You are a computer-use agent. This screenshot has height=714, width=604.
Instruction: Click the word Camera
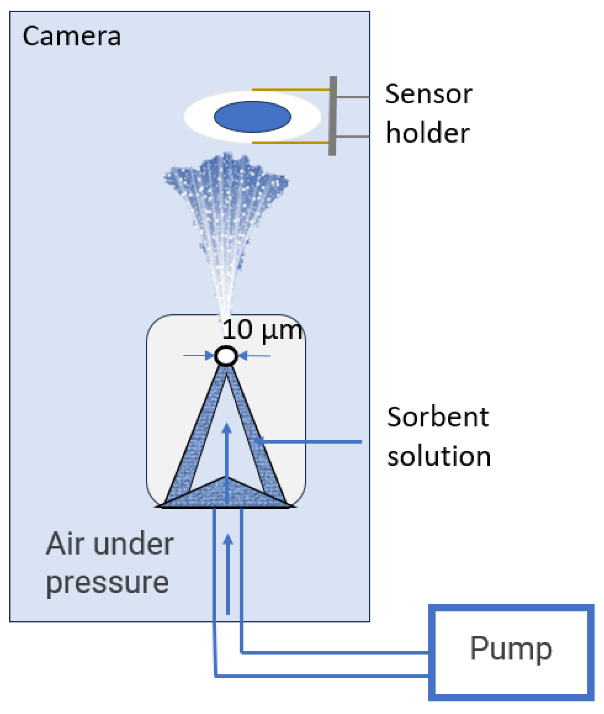tap(71, 36)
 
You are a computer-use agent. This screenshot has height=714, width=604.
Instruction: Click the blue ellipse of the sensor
tap(252, 117)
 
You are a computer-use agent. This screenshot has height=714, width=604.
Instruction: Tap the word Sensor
tap(428, 94)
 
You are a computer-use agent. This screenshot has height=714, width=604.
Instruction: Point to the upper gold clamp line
tap(290, 90)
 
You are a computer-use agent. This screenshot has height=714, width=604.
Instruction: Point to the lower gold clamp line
tap(290, 143)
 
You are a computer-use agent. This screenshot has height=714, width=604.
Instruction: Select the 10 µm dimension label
tap(262, 330)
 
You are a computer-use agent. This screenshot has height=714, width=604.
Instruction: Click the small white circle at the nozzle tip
tap(226, 356)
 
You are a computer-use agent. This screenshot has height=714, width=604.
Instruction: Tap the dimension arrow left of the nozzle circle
tap(199, 355)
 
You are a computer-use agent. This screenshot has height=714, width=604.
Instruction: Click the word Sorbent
tap(438, 417)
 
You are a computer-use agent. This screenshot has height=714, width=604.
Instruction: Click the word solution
tap(439, 456)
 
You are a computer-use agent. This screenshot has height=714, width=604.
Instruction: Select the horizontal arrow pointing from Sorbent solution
tap(307, 441)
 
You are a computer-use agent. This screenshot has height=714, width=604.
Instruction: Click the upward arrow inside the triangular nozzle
tap(227, 460)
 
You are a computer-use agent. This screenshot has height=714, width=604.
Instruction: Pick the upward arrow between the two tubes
tap(228, 573)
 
